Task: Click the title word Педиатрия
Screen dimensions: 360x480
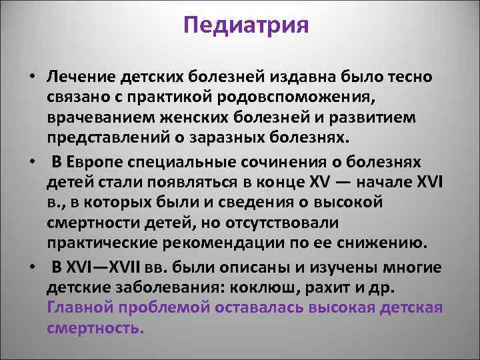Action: tap(245, 28)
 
